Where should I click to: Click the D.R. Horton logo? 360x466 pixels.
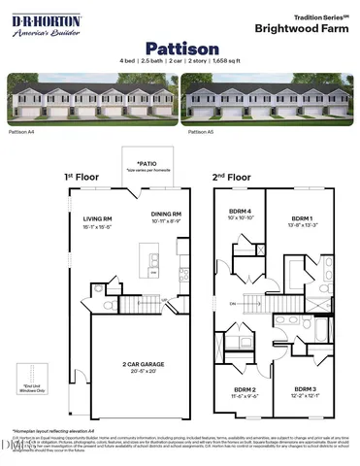pyautogui.click(x=45, y=24)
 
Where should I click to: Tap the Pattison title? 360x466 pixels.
pyautogui.click(x=180, y=47)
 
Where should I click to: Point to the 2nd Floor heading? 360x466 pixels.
pyautogui.click(x=232, y=177)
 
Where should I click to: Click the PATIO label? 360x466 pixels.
pyautogui.click(x=147, y=164)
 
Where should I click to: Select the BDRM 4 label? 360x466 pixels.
pyautogui.click(x=240, y=212)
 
